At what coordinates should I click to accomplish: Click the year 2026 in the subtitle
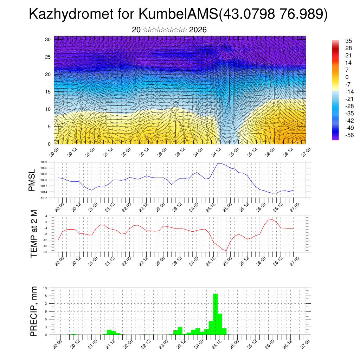[198, 30]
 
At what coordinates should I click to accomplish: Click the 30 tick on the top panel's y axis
[48, 39]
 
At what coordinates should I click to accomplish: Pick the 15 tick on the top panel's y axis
[48, 92]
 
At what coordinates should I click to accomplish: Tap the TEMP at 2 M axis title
[34, 233]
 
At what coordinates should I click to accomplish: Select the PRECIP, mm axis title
[34, 311]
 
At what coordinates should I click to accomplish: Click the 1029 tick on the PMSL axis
[44, 162]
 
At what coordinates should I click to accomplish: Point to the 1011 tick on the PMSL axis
[44, 198]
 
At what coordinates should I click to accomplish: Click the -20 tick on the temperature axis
[45, 252]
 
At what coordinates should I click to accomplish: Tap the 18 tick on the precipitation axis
[45, 288]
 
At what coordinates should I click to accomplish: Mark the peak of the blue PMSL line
[218, 163]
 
